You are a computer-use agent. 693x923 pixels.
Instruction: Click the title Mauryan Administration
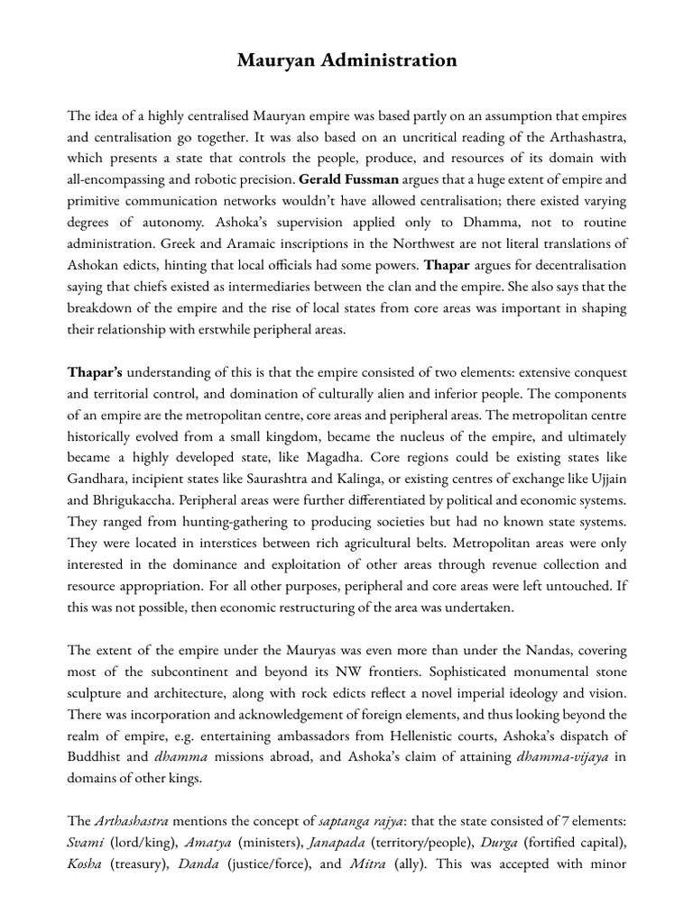pos(346,61)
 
